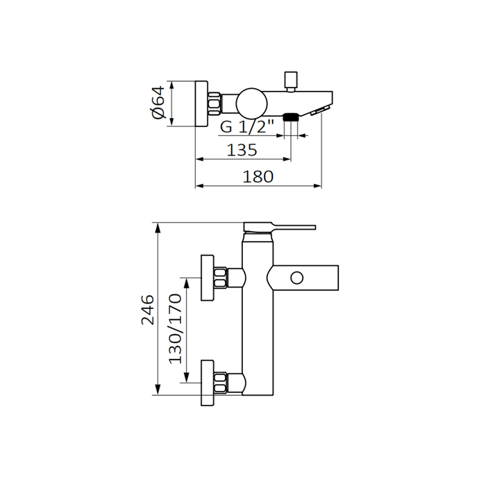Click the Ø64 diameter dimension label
[159, 103]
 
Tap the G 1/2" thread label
[247, 126]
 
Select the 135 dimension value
[242, 150]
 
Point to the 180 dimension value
[258, 176]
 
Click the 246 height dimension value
[147, 310]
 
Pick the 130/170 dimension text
[175, 328]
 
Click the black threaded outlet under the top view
[291, 117]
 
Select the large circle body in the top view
[251, 103]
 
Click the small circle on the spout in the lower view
[296, 278]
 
